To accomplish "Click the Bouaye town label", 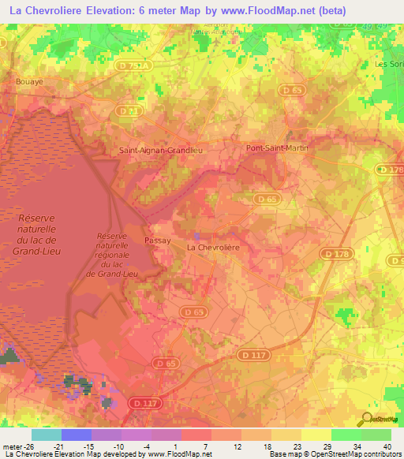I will coord(28,80).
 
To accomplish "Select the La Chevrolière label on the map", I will coord(212,247).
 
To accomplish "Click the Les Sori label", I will coord(388,64).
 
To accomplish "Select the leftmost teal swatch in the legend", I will coord(46,435).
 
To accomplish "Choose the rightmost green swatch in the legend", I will coord(376,435).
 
